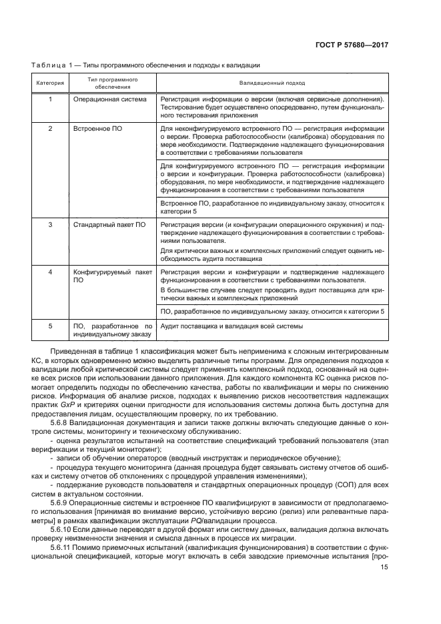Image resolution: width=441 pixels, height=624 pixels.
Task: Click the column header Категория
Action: pyautogui.click(x=50, y=83)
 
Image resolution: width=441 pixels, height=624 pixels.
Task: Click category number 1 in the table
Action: pyautogui.click(x=50, y=99)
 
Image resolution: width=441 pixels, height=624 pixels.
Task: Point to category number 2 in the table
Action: pyautogui.click(x=50, y=127)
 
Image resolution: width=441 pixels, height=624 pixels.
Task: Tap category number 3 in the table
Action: pyautogui.click(x=50, y=225)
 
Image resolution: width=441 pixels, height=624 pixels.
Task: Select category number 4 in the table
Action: pyautogui.click(x=50, y=272)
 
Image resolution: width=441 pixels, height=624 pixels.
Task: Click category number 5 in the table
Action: pyautogui.click(x=50, y=326)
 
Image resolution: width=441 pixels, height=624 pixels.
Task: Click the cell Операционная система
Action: pyautogui.click(x=108, y=99)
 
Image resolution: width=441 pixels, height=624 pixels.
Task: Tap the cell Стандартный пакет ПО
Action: pyautogui.click(x=109, y=225)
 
